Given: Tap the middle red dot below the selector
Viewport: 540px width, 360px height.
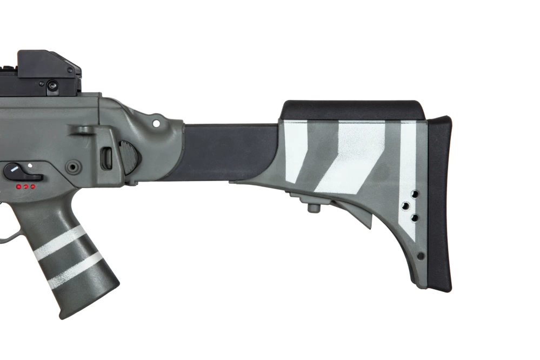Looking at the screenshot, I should (x=25, y=186).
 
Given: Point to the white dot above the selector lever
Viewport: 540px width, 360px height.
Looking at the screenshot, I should (x=30, y=164).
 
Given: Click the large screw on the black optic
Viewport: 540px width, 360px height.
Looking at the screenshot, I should (x=52, y=85).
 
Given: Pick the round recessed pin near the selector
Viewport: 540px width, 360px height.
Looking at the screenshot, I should (x=73, y=166).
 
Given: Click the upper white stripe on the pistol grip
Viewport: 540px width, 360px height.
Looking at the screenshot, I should (x=59, y=243).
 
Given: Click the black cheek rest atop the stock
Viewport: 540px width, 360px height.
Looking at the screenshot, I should (x=351, y=110).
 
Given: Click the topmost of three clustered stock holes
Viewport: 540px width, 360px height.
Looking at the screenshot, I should (x=415, y=194).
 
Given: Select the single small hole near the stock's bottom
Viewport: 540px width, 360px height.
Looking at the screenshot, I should (x=421, y=256).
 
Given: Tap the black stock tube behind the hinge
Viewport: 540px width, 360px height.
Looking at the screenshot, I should (x=227, y=151).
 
